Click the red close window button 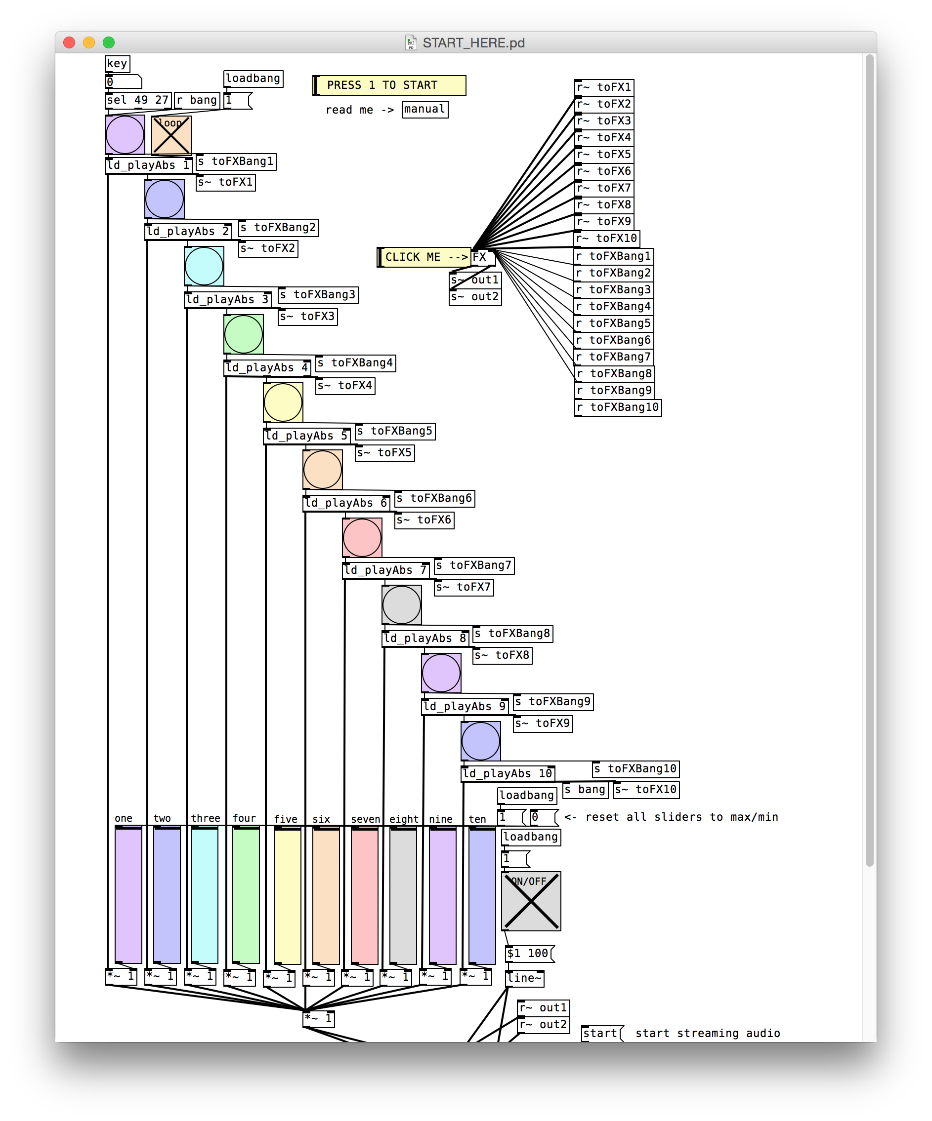pos(69,42)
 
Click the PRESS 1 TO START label pos(389,85)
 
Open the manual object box pos(424,110)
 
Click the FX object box pos(482,257)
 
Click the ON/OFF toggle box pos(531,901)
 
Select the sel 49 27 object pos(138,100)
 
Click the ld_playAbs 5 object pos(307,436)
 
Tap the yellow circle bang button pos(283,402)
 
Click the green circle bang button pos(244,335)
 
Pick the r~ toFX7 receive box pos(604,188)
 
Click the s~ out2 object pos(475,297)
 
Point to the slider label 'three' pos(206,818)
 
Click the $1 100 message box pos(529,954)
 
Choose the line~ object pos(524,978)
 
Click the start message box pos(601,1034)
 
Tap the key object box pos(118,64)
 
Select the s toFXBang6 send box pos(435,499)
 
